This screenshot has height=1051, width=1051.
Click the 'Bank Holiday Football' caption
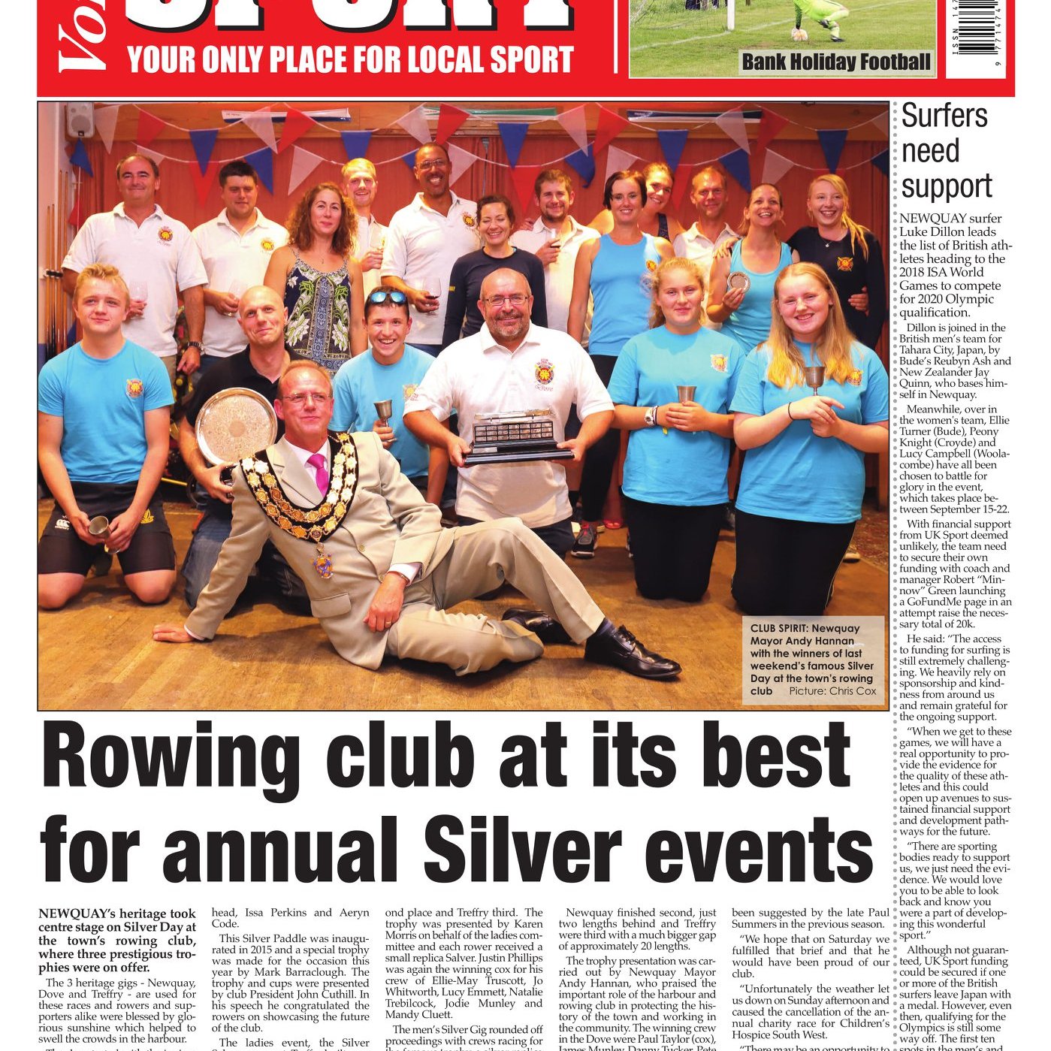tap(835, 62)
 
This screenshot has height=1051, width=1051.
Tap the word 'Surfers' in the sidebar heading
tap(944, 116)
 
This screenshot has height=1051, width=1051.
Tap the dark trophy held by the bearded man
tap(515, 437)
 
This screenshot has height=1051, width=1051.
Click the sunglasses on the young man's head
tap(388, 297)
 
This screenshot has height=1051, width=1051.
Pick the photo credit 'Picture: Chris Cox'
tap(832, 690)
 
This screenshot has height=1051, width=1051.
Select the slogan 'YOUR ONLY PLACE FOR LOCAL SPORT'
tap(350, 59)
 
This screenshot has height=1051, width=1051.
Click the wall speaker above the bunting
tap(80, 119)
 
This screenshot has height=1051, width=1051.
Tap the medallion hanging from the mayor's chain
tap(323, 562)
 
